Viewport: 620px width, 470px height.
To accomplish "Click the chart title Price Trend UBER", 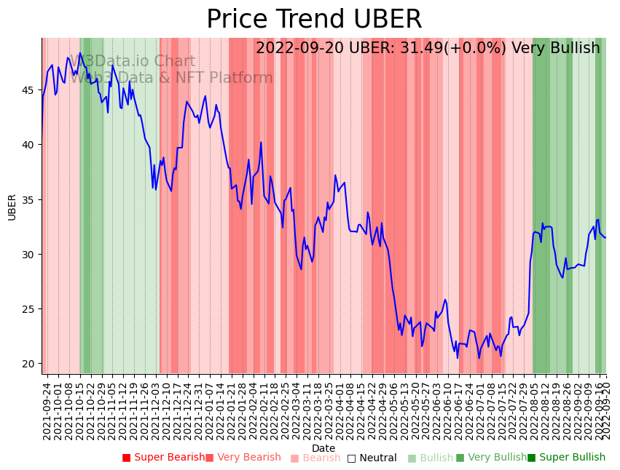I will click(314, 20).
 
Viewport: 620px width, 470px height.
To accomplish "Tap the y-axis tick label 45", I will click(29, 90).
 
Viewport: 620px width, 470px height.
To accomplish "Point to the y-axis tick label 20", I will click(29, 364).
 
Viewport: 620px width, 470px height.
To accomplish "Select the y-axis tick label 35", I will click(29, 199).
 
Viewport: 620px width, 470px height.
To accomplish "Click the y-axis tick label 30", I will click(29, 254).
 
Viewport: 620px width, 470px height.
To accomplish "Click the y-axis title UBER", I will click(12, 207).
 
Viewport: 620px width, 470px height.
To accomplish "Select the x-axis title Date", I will click(323, 448).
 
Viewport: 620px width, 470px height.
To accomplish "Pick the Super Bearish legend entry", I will click(164, 458).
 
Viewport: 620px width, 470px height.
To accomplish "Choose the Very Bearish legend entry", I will click(243, 458).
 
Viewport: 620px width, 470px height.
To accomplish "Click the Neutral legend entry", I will click(372, 458).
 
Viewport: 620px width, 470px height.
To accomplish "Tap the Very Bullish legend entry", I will click(491, 458).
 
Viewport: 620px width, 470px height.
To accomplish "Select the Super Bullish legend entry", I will click(566, 458).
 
